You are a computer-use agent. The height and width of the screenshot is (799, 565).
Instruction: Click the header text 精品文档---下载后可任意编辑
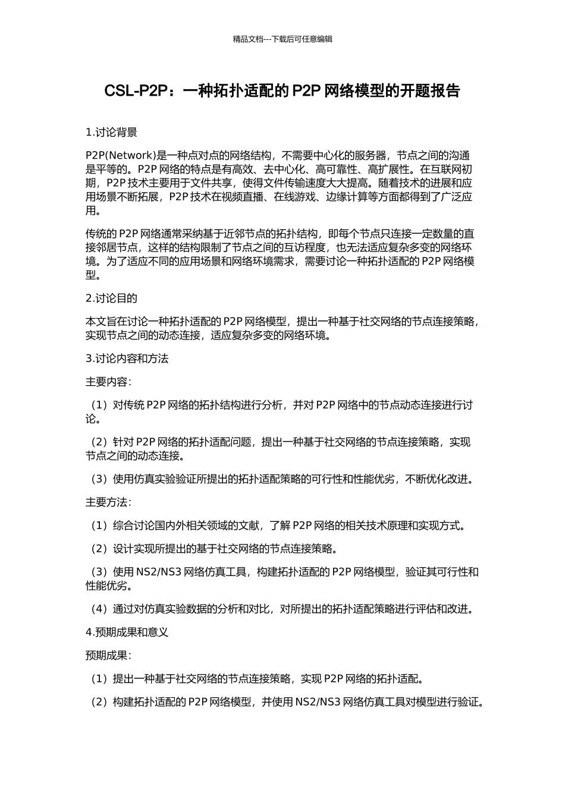[x=282, y=39]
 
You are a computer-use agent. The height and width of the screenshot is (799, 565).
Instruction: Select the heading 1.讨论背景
[x=111, y=132]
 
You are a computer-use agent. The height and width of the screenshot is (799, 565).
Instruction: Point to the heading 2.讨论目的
[x=111, y=298]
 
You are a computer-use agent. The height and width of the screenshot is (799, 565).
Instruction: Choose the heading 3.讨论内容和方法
[x=127, y=358]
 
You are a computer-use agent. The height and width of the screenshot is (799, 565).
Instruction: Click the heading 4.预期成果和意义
[x=127, y=632]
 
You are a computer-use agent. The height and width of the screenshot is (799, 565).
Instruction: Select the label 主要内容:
[x=108, y=382]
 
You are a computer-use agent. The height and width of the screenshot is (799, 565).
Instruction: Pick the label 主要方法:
[x=108, y=502]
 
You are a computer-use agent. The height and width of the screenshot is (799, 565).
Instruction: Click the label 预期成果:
[x=108, y=655]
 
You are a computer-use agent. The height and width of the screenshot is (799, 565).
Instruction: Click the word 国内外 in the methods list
[x=172, y=526]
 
